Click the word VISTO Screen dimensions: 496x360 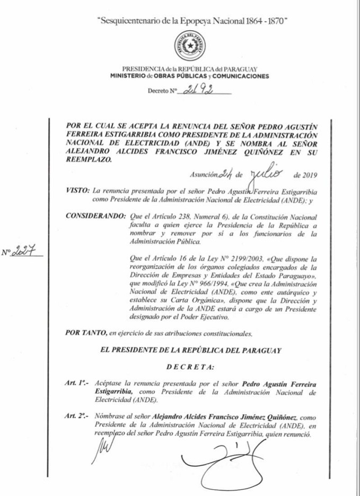[x=76, y=189]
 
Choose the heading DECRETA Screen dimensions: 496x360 [x=190, y=367]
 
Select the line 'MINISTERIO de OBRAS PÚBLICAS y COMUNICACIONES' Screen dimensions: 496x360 [x=189, y=76]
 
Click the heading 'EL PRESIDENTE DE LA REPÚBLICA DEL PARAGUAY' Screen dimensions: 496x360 [x=189, y=351]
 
